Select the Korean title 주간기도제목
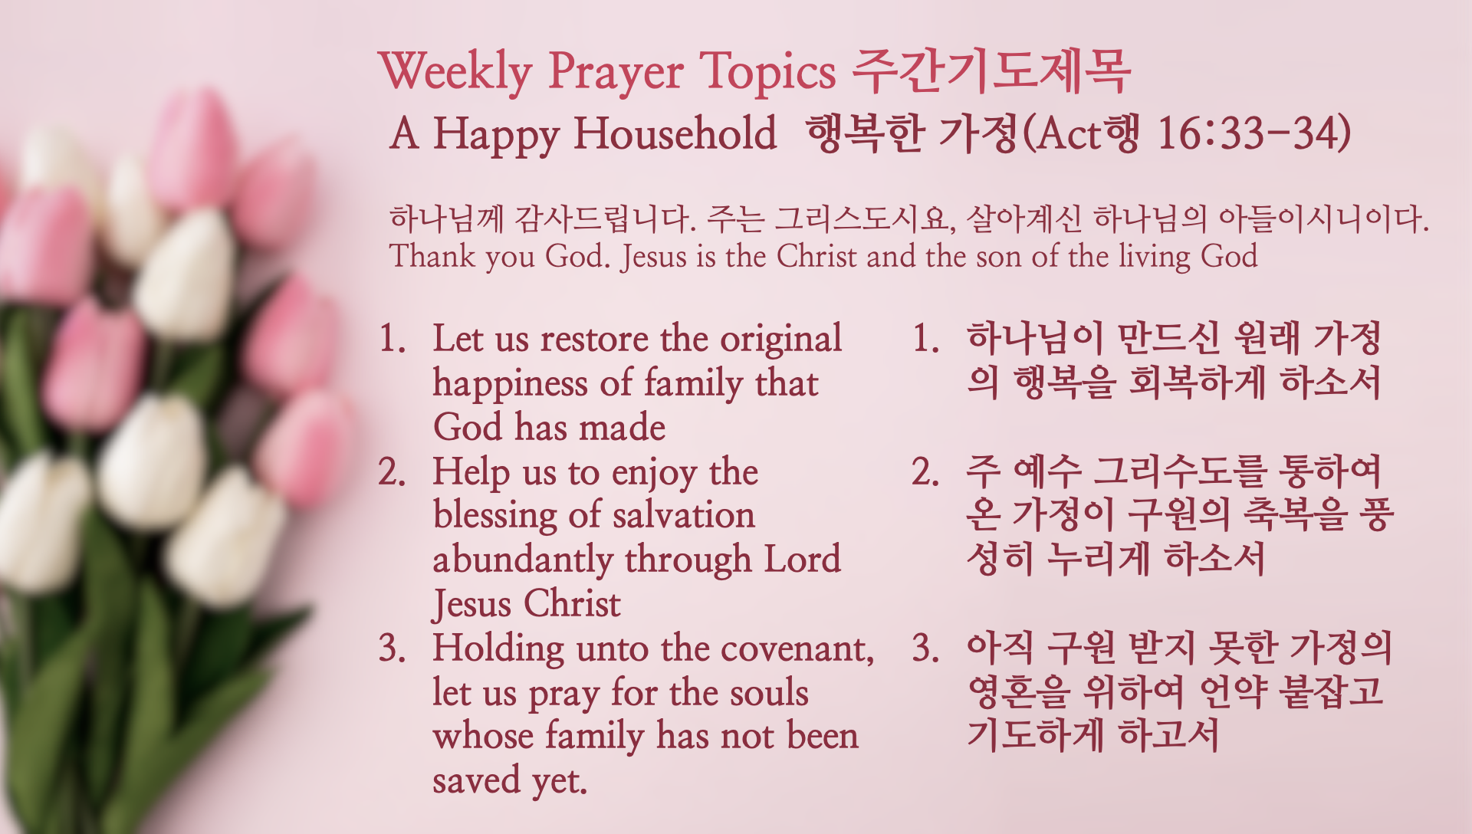click(991, 71)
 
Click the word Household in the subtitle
click(675, 133)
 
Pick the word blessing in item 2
click(495, 516)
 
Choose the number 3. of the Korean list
click(925, 648)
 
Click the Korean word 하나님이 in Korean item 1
click(1035, 338)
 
